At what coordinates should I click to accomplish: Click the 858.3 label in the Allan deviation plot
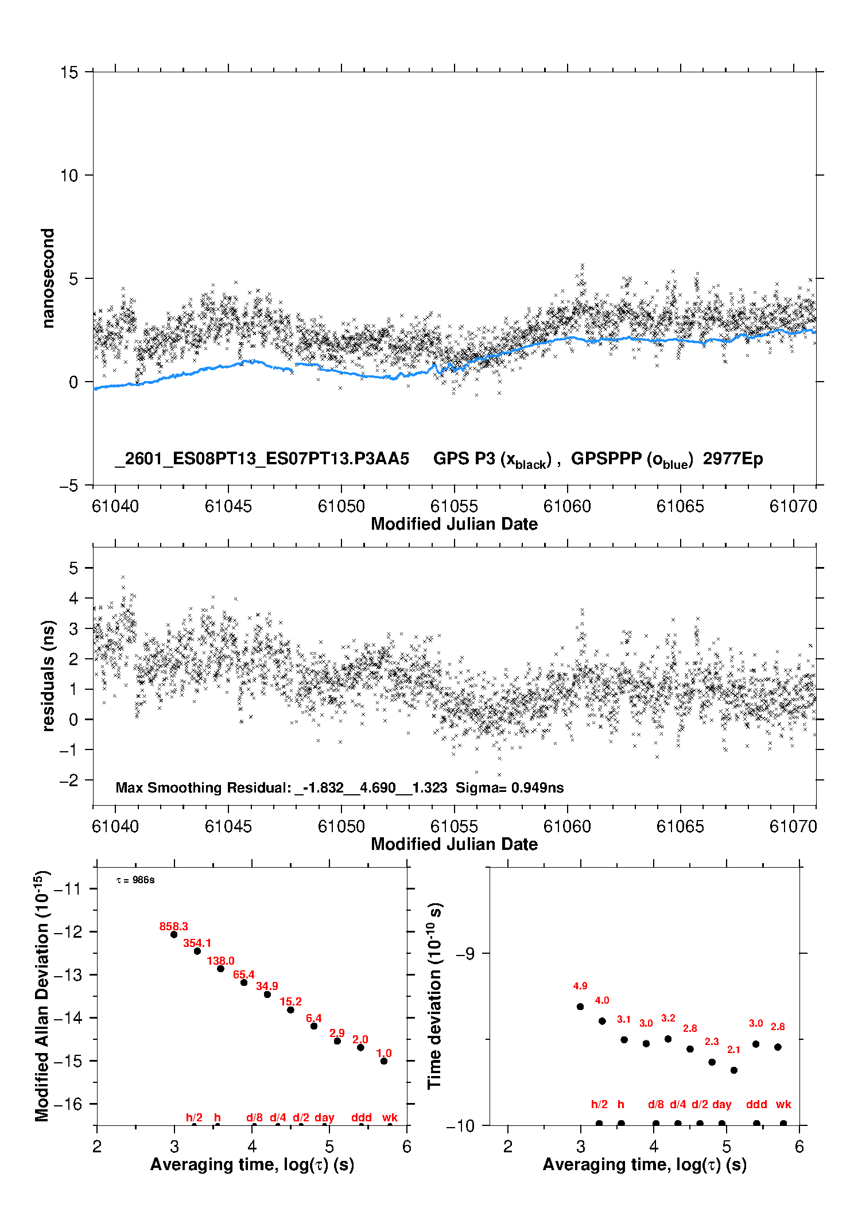click(x=173, y=926)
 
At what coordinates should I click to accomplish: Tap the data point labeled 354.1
click(x=197, y=951)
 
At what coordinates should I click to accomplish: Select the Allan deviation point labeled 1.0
click(x=384, y=1061)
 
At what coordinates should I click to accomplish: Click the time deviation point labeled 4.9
click(x=580, y=1007)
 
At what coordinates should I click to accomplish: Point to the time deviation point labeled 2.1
click(x=733, y=1070)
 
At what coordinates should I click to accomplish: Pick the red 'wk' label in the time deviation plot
click(x=783, y=1104)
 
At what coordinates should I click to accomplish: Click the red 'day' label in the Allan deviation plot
click(x=324, y=1117)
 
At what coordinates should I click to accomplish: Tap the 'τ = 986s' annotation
click(x=135, y=880)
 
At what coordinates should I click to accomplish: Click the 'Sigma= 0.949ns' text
click(x=510, y=787)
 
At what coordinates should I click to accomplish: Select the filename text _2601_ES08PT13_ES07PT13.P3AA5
click(x=262, y=459)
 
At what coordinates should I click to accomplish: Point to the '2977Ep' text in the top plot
click(x=733, y=459)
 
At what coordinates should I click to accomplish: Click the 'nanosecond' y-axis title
click(x=48, y=278)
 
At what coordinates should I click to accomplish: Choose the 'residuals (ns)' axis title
click(x=48, y=675)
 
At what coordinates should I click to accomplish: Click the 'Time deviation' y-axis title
click(x=435, y=996)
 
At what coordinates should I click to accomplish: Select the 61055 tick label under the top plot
click(x=454, y=506)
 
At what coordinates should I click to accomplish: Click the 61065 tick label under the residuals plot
click(x=680, y=826)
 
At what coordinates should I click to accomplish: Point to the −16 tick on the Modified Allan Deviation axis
click(x=68, y=1104)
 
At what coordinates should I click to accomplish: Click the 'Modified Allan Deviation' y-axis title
click(x=42, y=996)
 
